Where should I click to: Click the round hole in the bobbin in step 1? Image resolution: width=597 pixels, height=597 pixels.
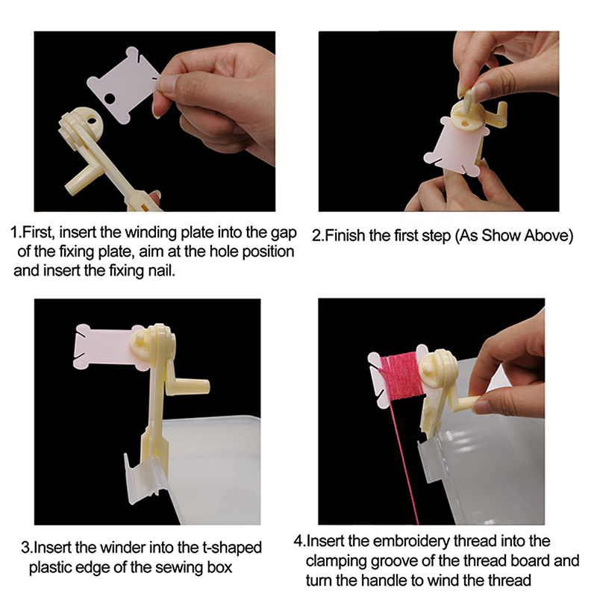coord(110,99)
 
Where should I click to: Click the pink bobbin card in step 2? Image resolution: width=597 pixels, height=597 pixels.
coord(456,146)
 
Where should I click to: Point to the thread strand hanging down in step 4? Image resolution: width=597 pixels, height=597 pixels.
coord(404,461)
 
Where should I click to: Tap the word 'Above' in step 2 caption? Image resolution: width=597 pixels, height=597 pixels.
coord(548,236)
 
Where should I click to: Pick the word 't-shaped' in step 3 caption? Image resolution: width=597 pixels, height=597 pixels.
coord(231,548)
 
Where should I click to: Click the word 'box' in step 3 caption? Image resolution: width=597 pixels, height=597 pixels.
coord(219,567)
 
